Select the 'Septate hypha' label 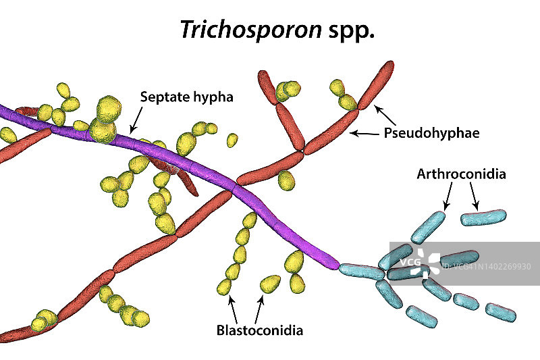click(186, 97)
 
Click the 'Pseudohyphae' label click(431, 133)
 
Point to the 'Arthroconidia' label click(461, 175)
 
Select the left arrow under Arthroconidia click(447, 197)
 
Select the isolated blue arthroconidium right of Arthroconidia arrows click(483, 217)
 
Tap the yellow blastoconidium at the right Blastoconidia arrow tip click(269, 283)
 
